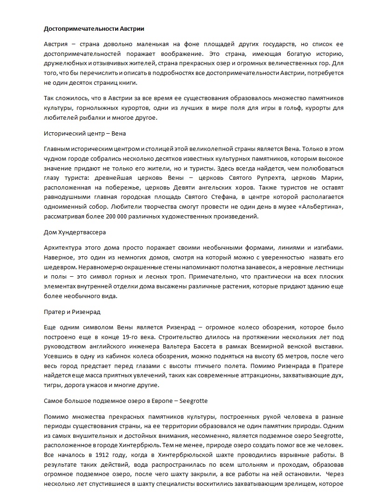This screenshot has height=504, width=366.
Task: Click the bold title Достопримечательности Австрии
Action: pyautogui.click(x=88, y=29)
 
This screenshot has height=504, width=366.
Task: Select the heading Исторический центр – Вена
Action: pyautogui.click(x=84, y=134)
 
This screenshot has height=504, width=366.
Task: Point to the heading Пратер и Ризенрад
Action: pyautogui.click(x=72, y=312)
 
